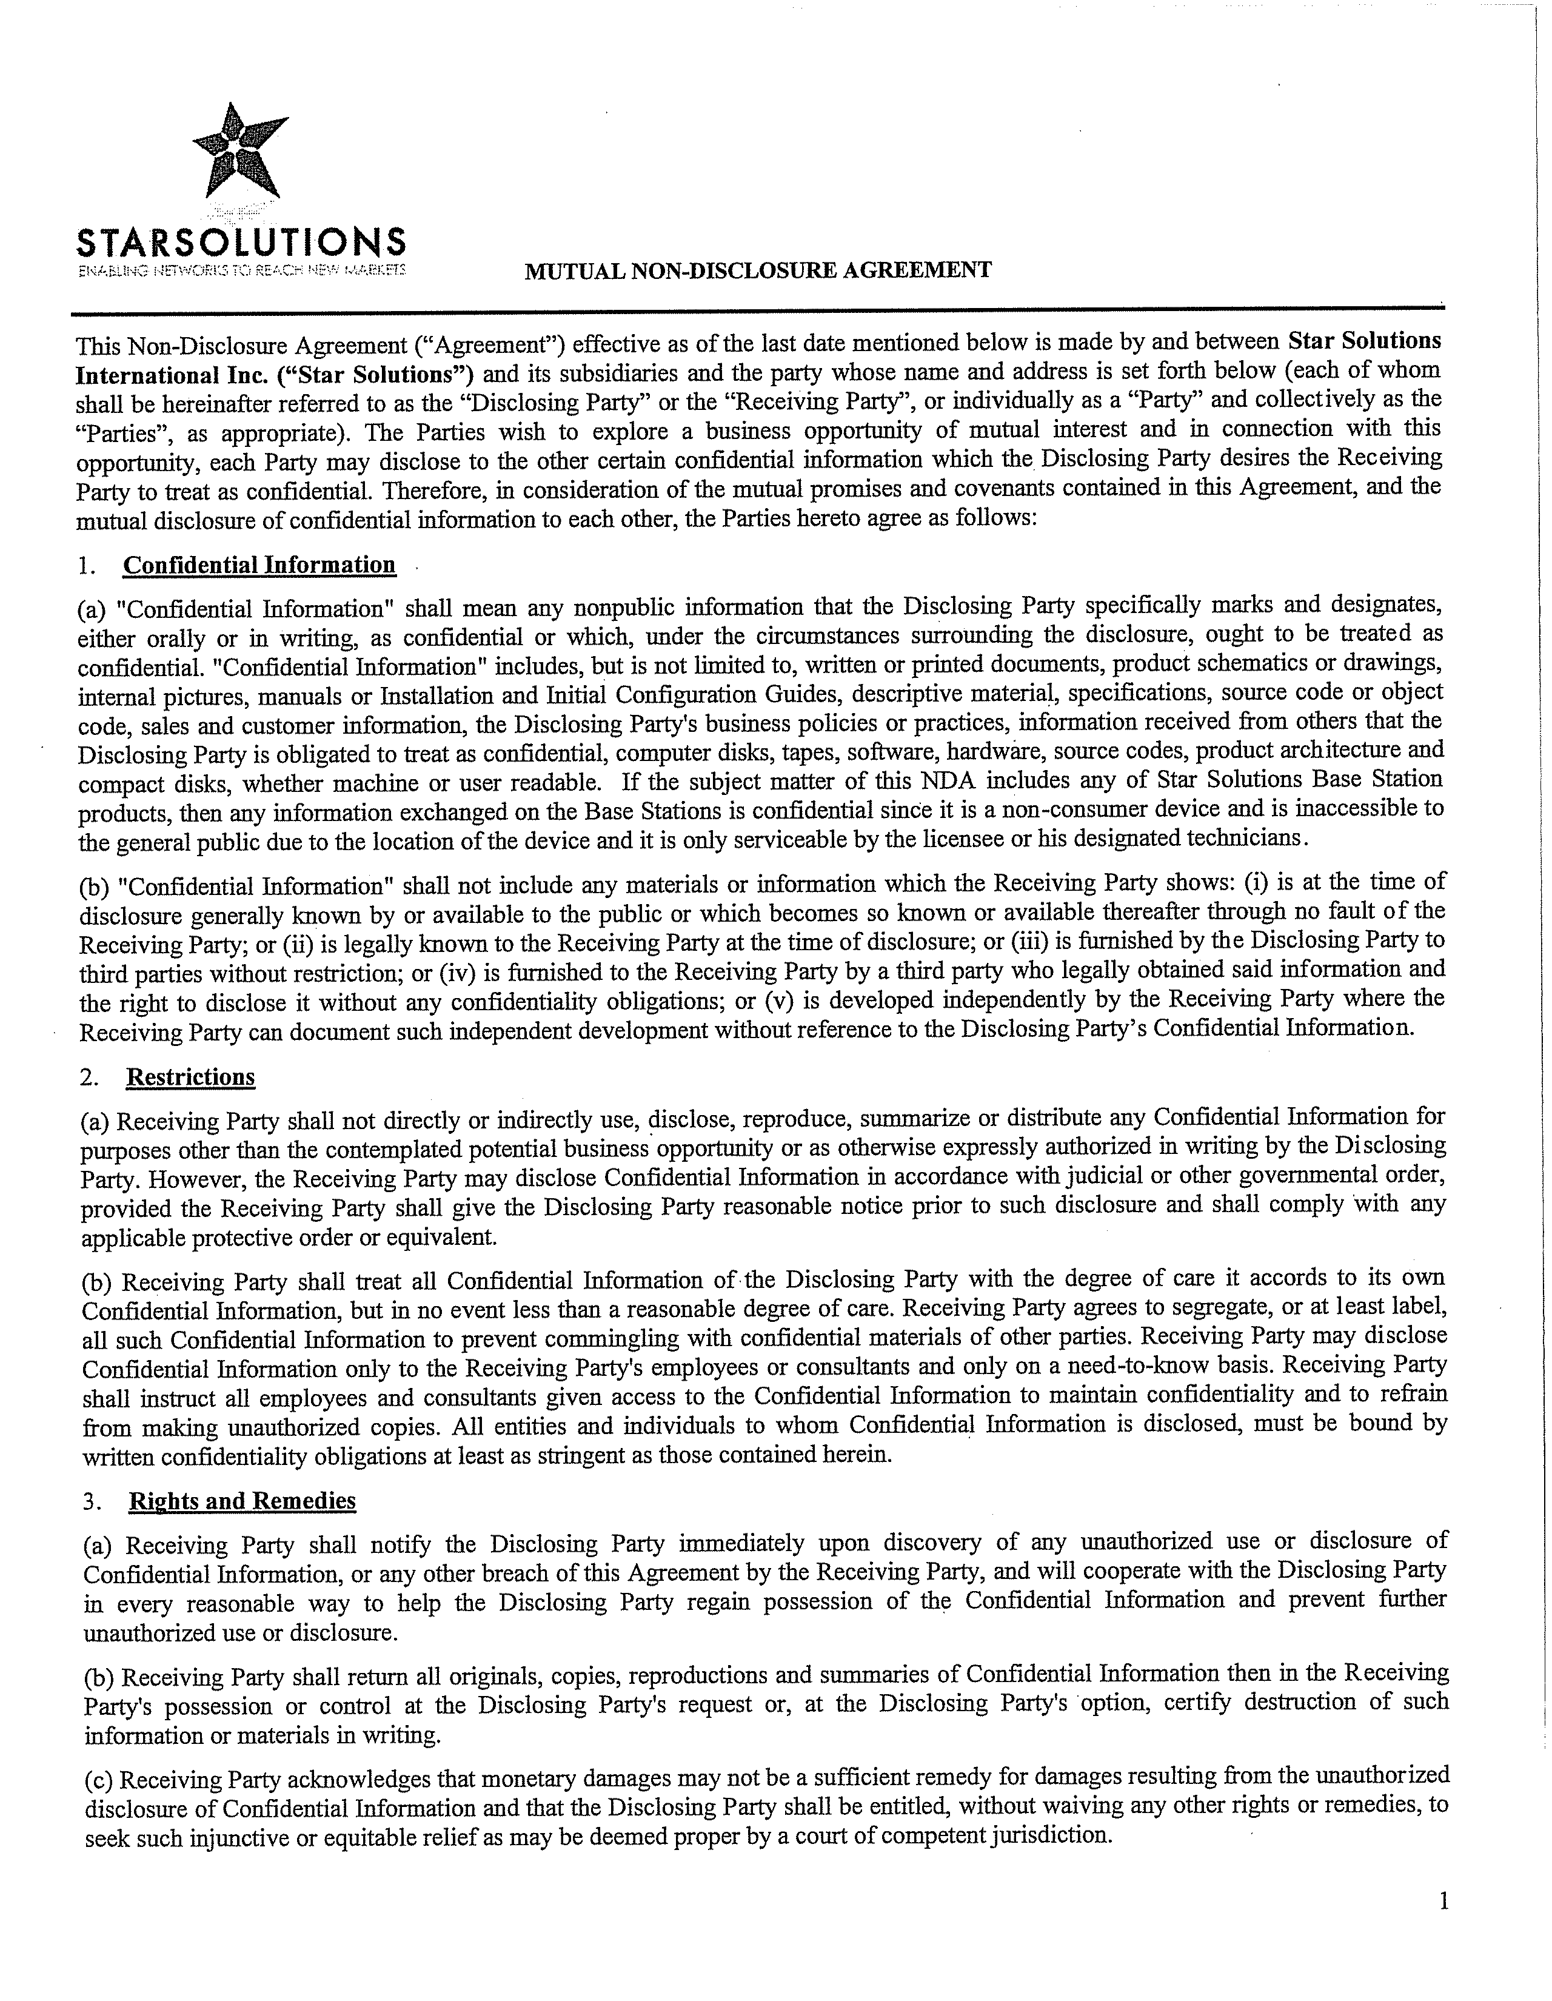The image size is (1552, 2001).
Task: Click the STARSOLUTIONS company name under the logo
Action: [241, 242]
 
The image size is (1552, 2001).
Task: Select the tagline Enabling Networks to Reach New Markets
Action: [241, 271]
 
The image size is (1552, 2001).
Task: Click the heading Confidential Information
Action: [259, 565]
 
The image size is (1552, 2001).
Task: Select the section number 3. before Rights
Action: [91, 1501]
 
